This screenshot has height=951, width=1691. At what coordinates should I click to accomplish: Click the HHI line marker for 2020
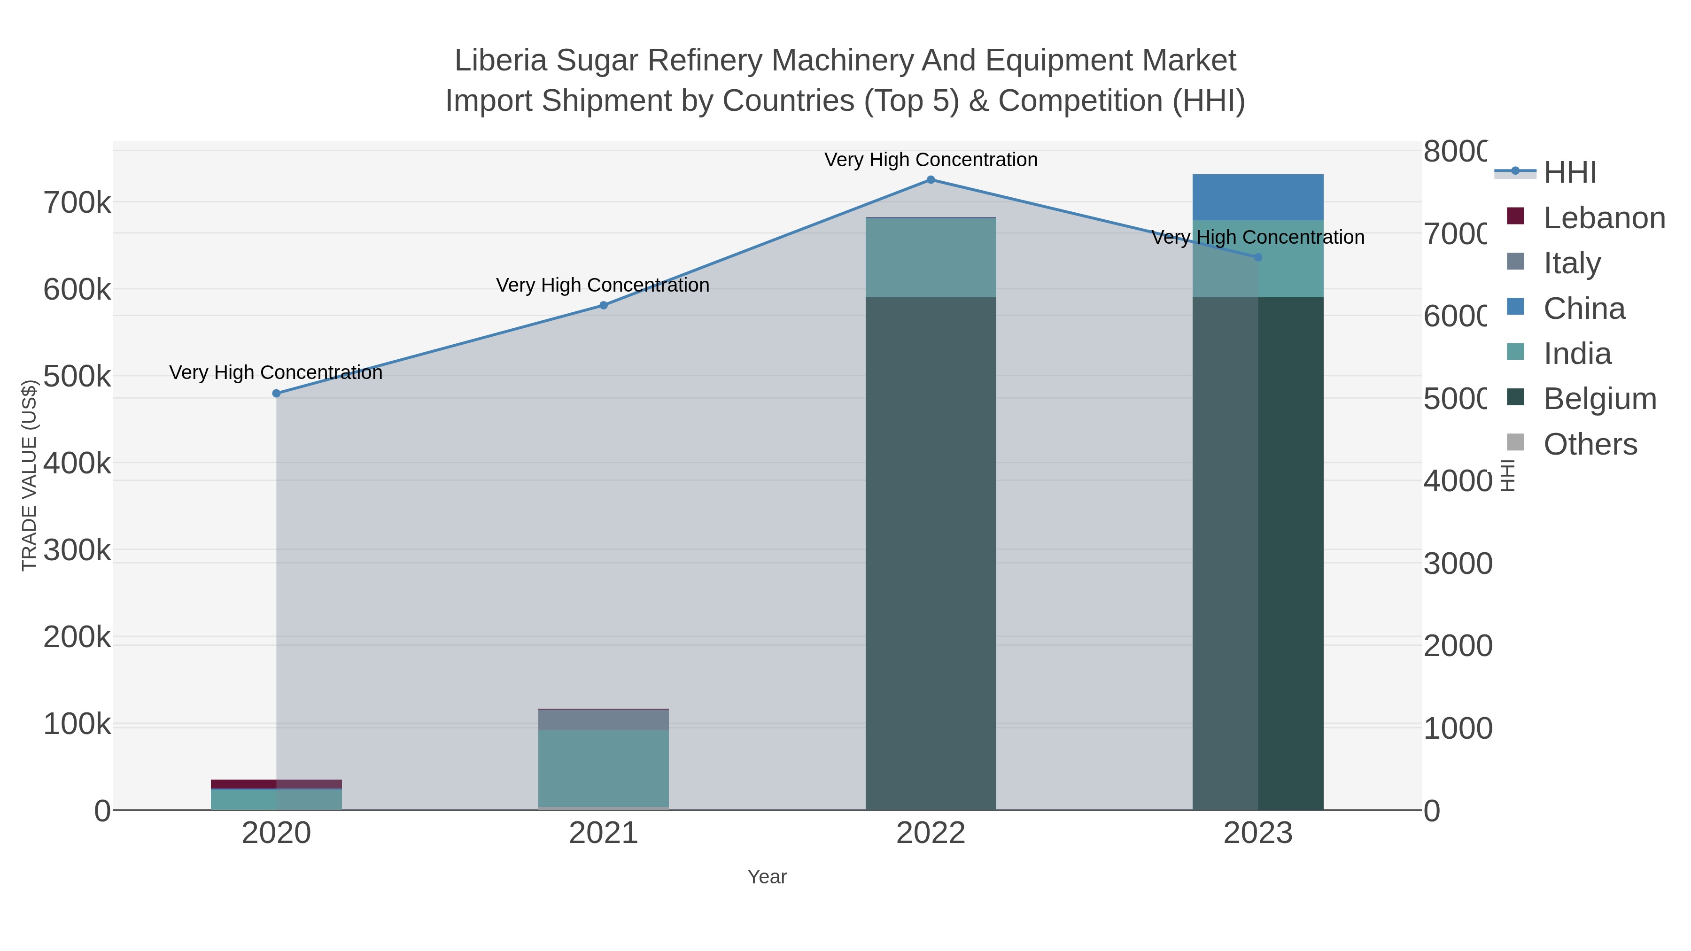(276, 393)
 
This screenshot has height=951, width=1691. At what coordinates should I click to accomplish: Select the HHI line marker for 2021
(603, 305)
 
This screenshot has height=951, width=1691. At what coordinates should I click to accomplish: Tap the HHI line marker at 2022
(930, 179)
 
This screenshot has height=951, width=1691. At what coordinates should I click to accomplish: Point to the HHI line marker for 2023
(1258, 257)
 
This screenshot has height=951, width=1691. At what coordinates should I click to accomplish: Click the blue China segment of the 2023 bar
(1258, 197)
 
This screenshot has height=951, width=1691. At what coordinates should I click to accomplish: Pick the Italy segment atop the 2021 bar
(603, 719)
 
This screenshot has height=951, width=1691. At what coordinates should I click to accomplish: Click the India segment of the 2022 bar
(930, 257)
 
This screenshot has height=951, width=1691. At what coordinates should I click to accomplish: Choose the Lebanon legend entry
(1604, 218)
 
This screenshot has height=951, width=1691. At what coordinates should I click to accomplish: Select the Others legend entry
(1590, 444)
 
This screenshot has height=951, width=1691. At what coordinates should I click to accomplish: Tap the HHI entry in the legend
(1569, 173)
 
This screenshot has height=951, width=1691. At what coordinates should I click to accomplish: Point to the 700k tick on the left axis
(77, 203)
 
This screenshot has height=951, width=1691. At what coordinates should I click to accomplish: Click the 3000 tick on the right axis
(1457, 564)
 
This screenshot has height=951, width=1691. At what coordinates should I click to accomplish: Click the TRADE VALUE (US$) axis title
(29, 475)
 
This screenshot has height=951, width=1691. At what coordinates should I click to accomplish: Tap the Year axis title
(767, 877)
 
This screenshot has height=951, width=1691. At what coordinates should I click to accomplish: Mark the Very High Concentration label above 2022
(930, 160)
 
